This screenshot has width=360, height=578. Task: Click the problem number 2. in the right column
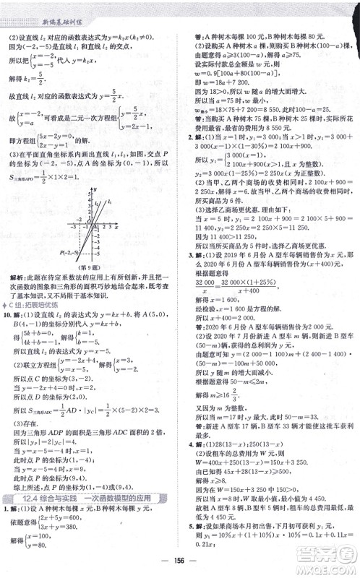pyautogui.click(x=189, y=137)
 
